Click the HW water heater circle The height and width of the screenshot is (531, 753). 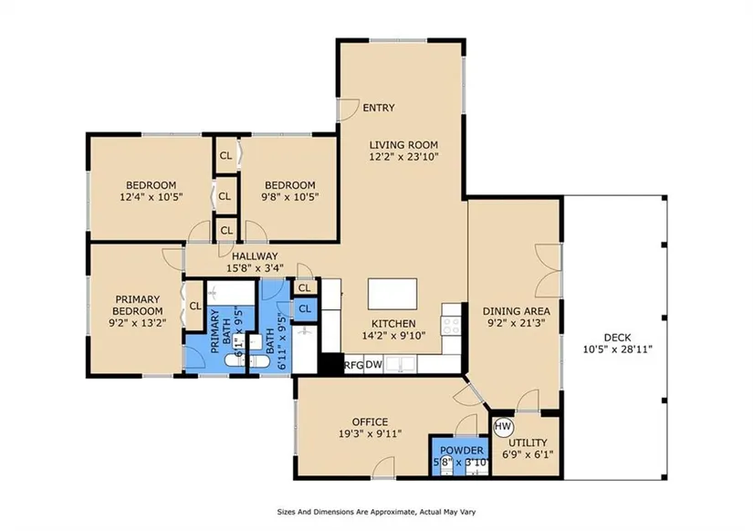click(503, 426)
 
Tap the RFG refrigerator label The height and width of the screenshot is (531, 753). click(354, 365)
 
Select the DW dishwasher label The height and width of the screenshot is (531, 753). click(373, 364)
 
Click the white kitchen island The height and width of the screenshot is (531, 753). click(392, 294)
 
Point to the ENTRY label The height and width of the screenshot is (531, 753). click(379, 108)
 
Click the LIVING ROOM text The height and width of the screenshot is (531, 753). click(403, 144)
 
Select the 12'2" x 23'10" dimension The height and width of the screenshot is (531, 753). click(403, 157)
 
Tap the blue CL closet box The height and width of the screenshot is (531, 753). click(305, 309)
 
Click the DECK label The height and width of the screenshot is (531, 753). click(618, 338)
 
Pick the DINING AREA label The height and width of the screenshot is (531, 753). click(517, 311)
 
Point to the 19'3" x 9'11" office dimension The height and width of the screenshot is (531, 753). click(370, 434)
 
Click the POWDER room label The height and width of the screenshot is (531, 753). click(462, 451)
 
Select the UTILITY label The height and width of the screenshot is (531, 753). click(528, 442)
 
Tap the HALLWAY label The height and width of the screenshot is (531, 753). click(255, 256)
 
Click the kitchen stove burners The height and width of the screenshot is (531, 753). click(452, 326)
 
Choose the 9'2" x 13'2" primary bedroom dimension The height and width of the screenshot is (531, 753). click(137, 323)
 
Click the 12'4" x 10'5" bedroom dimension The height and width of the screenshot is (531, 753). click(151, 196)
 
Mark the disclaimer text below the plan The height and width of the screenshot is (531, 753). click(376, 512)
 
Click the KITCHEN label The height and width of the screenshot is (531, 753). click(393, 324)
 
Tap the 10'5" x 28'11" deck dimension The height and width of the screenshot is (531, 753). click(618, 349)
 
